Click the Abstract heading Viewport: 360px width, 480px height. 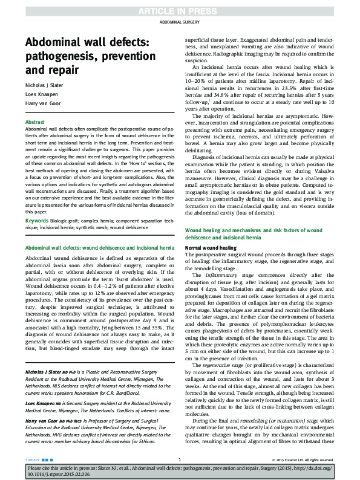tap(35, 122)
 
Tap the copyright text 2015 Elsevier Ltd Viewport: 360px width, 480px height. tap(312, 460)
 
